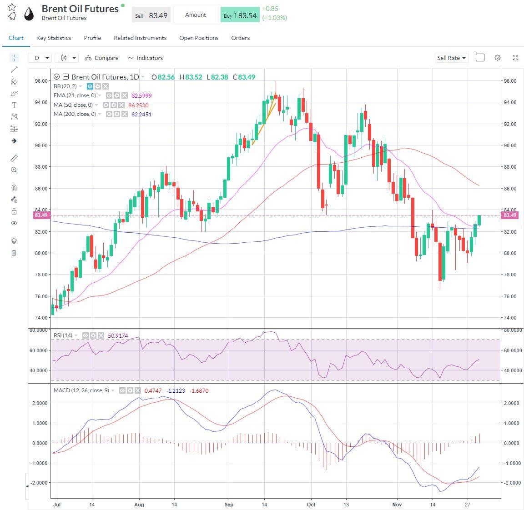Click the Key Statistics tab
pos(54,38)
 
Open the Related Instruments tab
pos(140,38)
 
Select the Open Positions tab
pos(199,38)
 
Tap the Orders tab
pos(240,38)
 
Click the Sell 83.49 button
pos(151,15)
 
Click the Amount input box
pos(196,15)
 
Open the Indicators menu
pos(145,58)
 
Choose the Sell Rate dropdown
pos(451,58)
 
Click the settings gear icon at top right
pos(498,58)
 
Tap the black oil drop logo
pos(29,14)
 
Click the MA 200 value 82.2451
pos(141,115)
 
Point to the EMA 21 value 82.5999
pos(141,96)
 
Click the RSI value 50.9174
pos(118,336)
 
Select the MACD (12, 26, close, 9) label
pos(81,390)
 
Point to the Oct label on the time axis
pos(311,505)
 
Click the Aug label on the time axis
pos(139,505)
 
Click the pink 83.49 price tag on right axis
pos(510,215)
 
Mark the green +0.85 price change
pos(270,9)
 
